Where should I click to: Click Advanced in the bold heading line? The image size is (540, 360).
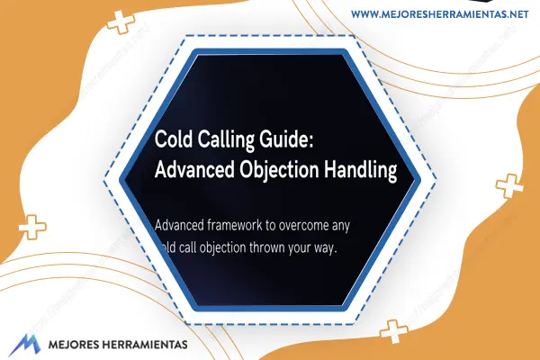194,169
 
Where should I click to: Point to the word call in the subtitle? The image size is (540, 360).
187,247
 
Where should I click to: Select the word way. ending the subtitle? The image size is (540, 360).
325,248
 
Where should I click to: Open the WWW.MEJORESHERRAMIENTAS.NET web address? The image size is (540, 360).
440,14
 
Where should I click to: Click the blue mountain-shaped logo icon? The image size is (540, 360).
24,345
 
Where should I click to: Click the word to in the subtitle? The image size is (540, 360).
271,226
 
